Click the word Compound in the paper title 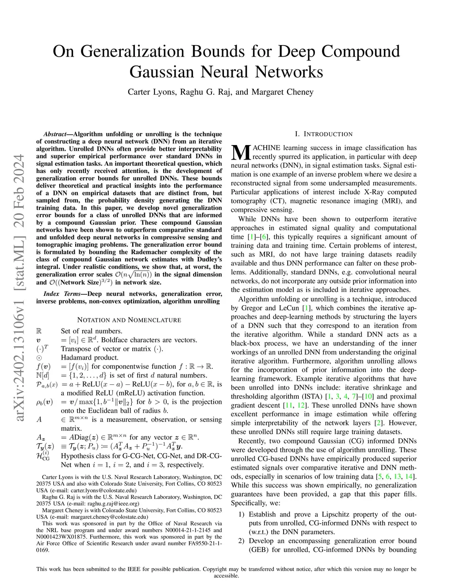(360, 51)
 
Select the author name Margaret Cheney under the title (282, 92)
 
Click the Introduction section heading (323, 134)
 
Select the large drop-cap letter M (241, 152)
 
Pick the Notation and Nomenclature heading (129, 320)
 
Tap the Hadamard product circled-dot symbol (39, 358)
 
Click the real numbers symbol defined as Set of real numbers (39, 331)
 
